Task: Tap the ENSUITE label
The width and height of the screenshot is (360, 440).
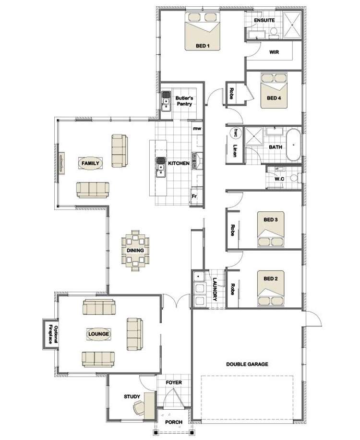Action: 264,21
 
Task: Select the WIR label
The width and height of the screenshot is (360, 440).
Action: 274,52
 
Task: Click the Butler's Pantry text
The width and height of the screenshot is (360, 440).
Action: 184,100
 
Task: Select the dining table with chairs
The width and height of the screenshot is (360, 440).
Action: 135,250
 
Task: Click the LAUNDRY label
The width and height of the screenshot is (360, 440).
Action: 215,290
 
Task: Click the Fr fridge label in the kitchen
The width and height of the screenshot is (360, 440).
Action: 194,196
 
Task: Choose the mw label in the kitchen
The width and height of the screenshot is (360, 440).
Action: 196,129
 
